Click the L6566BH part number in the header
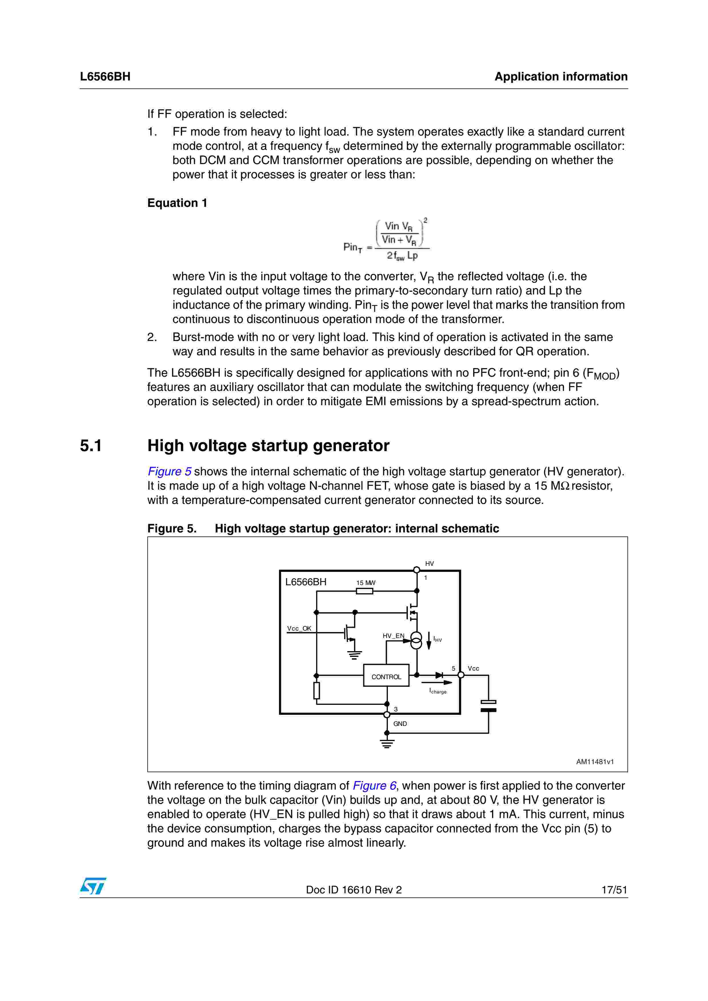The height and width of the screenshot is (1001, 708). tap(105, 77)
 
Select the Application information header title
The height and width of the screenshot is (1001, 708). tap(561, 77)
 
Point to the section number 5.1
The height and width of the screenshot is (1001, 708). tap(91, 445)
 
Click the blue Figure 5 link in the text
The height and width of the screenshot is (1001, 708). tap(169, 471)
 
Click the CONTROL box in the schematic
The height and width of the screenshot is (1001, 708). tap(386, 677)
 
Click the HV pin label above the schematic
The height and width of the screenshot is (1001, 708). tap(429, 564)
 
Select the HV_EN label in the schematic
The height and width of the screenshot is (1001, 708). tap(393, 636)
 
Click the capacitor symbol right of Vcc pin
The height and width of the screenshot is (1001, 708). tap(488, 706)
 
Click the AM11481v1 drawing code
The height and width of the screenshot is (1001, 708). tap(595, 762)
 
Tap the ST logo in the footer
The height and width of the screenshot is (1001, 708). tap(93, 886)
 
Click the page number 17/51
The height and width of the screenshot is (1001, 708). tap(614, 890)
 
